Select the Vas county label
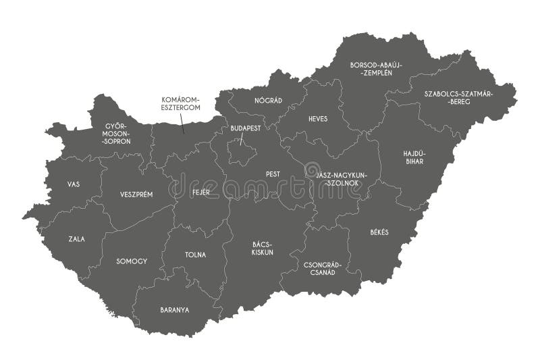(73, 184)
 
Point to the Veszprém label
(136, 194)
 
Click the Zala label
(76, 238)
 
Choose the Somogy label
(131, 260)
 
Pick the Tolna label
(195, 255)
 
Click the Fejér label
(200, 192)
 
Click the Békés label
(379, 232)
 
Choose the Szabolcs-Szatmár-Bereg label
(458, 97)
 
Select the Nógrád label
(268, 100)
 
